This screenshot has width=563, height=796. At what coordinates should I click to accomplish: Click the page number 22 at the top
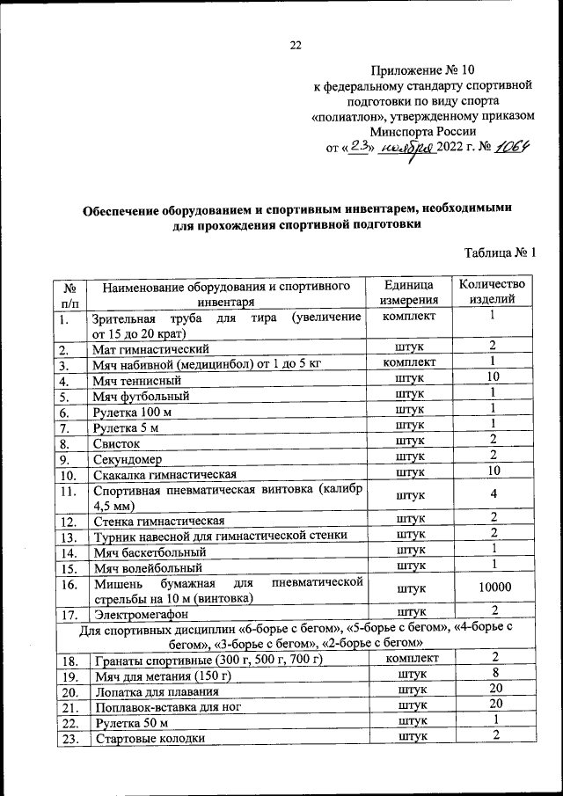click(x=296, y=46)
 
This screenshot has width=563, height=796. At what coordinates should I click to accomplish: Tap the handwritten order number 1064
click(x=511, y=148)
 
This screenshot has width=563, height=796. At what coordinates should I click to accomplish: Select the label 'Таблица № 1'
click(x=501, y=254)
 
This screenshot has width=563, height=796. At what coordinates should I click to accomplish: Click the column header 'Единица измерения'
click(x=409, y=293)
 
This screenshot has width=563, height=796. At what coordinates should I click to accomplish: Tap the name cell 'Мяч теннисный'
click(x=137, y=381)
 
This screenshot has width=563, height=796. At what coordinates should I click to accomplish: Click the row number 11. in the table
click(x=69, y=492)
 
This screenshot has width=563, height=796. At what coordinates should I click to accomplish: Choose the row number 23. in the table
click(x=69, y=739)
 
